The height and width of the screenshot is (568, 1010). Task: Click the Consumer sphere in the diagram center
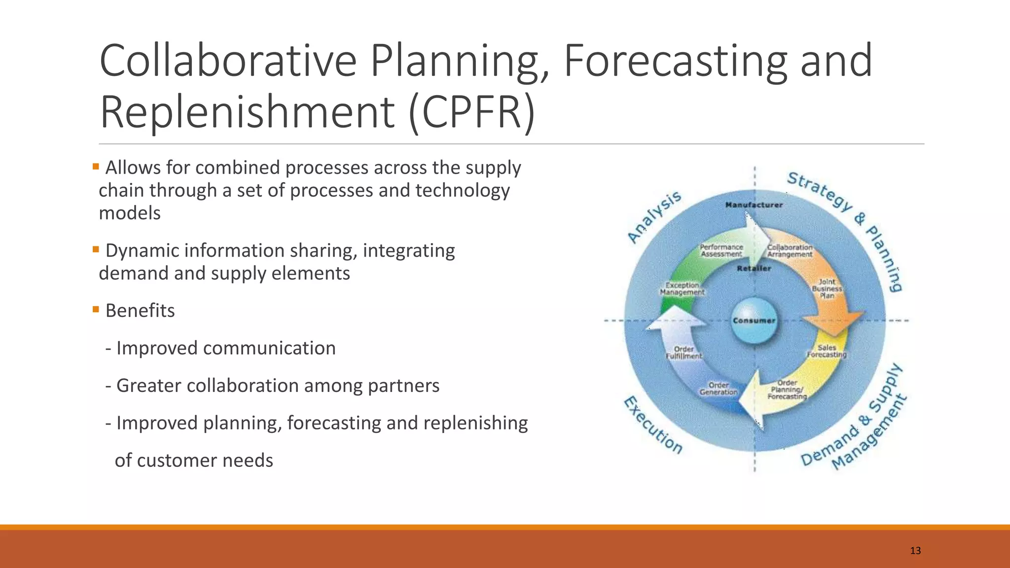[753, 320]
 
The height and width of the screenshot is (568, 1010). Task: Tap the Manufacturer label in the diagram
[754, 205]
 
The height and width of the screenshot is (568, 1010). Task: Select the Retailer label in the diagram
[754, 268]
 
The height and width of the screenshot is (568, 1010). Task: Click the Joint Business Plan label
[827, 288]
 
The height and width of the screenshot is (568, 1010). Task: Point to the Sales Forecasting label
[827, 351]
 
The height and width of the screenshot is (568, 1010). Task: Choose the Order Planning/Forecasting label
[787, 390]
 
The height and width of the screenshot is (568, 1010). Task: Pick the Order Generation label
[719, 389]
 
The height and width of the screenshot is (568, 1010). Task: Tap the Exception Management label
[683, 288]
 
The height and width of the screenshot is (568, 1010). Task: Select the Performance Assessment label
[721, 250]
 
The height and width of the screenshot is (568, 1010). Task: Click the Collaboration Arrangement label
[790, 250]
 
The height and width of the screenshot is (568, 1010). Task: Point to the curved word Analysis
[654, 217]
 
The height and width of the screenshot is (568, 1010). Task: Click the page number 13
[915, 551]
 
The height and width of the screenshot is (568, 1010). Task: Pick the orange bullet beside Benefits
[96, 310]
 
